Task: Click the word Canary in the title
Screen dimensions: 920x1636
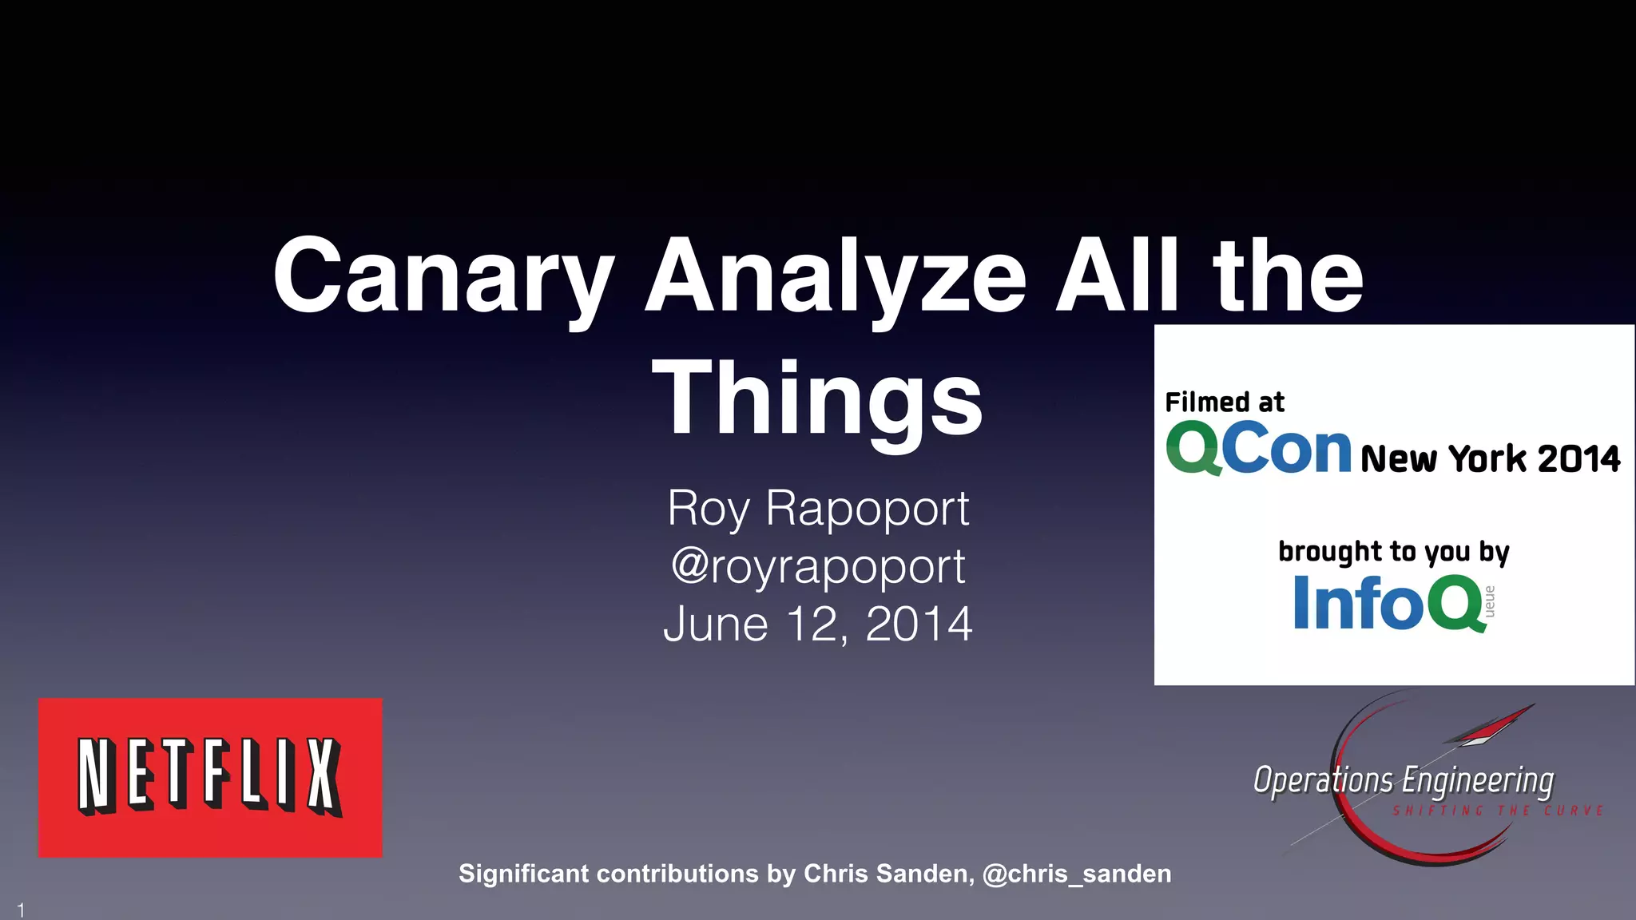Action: point(444,276)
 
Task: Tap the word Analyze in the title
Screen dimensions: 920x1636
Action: point(836,276)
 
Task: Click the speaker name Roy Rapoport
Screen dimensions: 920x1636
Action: point(818,508)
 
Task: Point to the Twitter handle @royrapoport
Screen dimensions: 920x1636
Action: point(818,566)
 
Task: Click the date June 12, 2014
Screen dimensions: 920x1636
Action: point(818,624)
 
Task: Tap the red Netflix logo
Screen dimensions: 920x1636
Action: point(210,777)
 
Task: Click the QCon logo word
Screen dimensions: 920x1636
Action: point(1258,449)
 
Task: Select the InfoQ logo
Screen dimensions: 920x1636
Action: point(1390,603)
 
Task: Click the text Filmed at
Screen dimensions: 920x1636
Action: point(1225,402)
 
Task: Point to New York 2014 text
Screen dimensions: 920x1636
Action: point(1491,458)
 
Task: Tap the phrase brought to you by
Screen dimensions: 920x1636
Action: point(1394,552)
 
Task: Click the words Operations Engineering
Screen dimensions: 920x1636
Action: point(1404,780)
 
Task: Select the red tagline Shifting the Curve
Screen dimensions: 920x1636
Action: point(1498,811)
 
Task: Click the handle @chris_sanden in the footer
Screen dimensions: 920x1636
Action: point(1077,874)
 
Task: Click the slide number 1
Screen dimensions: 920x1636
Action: point(22,910)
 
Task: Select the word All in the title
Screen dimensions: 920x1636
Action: point(1117,276)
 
